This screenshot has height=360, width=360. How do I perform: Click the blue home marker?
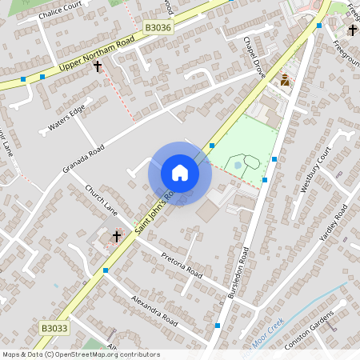pos(180,173)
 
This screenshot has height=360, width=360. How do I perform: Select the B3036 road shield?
pos(157,27)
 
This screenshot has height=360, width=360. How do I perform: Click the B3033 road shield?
pos(51,328)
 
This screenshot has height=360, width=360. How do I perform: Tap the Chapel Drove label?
pos(254,53)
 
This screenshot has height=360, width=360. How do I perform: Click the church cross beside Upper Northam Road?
pos(98,66)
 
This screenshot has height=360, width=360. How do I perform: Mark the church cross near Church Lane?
pos(117,236)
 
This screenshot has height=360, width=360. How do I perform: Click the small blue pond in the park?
pos(238,166)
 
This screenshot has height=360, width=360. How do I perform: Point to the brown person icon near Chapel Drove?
pos(284,80)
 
